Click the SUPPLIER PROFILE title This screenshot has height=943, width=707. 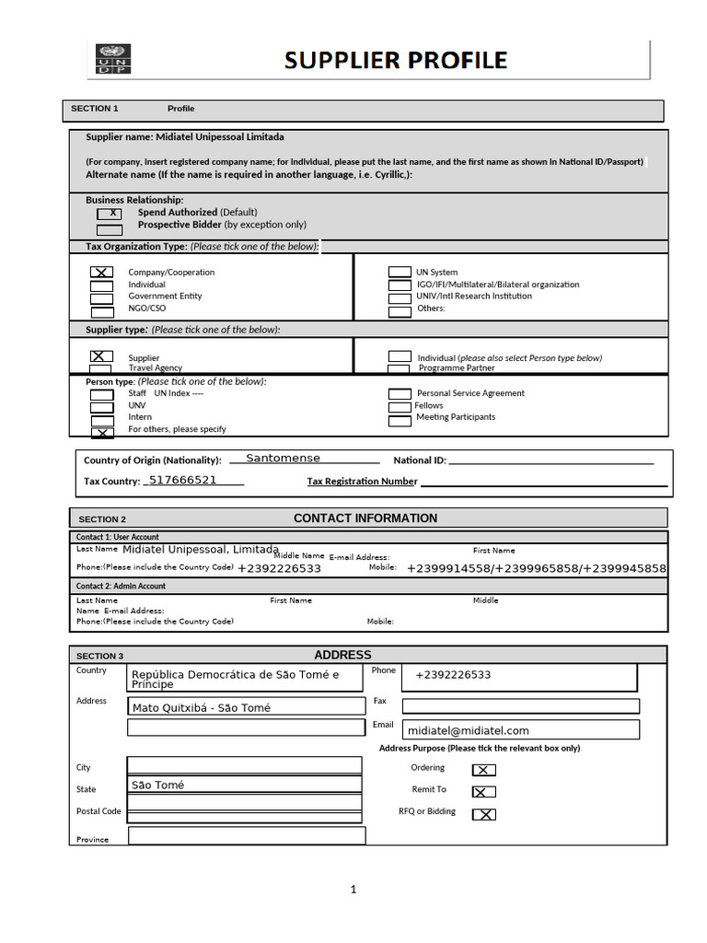[x=395, y=61]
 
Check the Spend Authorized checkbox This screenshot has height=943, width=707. [x=110, y=214]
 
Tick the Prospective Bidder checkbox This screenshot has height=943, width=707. [x=110, y=230]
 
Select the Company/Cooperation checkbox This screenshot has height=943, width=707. [x=102, y=273]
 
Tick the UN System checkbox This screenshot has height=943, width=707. [x=400, y=273]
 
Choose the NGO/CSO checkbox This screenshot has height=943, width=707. [x=102, y=310]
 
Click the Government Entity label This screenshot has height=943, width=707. [x=165, y=297]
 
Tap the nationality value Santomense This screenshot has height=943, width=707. [x=283, y=459]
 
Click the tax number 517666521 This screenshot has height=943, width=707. [x=182, y=481]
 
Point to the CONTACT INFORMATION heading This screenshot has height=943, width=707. [x=365, y=518]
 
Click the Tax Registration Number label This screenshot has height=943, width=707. [x=362, y=482]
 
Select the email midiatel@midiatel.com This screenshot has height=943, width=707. [x=469, y=730]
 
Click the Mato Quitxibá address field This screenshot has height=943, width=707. [x=246, y=707]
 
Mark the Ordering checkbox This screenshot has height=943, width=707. [x=483, y=770]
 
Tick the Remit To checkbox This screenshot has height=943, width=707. [x=483, y=791]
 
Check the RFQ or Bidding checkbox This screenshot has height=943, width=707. [x=483, y=814]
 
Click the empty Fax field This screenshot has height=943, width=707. [x=519, y=706]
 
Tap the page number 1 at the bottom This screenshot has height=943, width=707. [x=352, y=890]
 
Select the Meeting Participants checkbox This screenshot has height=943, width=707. [x=400, y=421]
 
